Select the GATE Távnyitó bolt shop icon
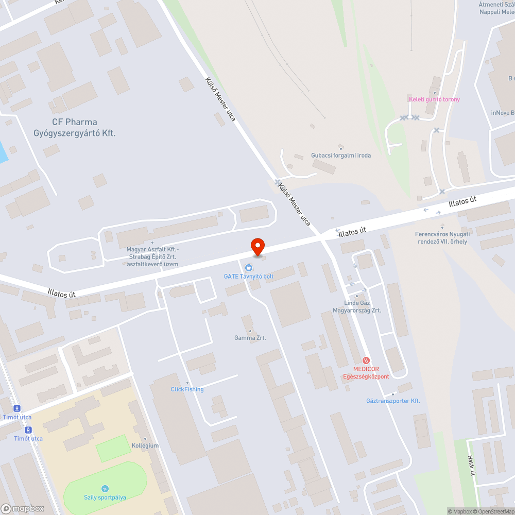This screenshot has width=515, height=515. [x=249, y=267]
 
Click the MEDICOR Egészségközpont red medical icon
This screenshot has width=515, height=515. [x=366, y=360]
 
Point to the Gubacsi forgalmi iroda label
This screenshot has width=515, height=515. [x=341, y=155]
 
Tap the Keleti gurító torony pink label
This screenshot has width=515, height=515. [x=434, y=99]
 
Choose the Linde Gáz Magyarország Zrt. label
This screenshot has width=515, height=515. [x=357, y=307]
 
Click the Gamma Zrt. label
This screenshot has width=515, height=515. [x=250, y=338]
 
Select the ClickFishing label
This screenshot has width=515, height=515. [x=187, y=389]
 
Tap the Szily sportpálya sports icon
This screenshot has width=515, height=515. [x=105, y=488]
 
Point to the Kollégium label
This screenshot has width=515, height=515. [x=145, y=445]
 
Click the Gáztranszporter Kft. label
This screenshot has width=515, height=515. [x=393, y=401]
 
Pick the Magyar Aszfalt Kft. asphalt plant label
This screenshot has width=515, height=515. [x=152, y=256]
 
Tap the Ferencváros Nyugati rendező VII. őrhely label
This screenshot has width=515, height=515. [x=442, y=237]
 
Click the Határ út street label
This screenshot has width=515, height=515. [x=471, y=466]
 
